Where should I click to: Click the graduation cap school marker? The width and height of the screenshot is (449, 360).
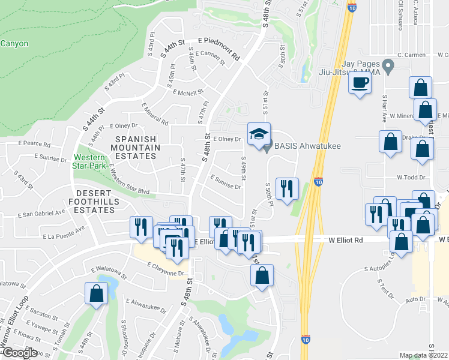[259, 134]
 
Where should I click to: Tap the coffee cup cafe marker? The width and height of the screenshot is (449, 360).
[360, 83]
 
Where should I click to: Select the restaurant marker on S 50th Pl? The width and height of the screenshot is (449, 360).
[286, 188]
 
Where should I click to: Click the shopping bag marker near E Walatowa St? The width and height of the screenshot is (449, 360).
[96, 295]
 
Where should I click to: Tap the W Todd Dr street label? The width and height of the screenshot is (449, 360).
[411, 178]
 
